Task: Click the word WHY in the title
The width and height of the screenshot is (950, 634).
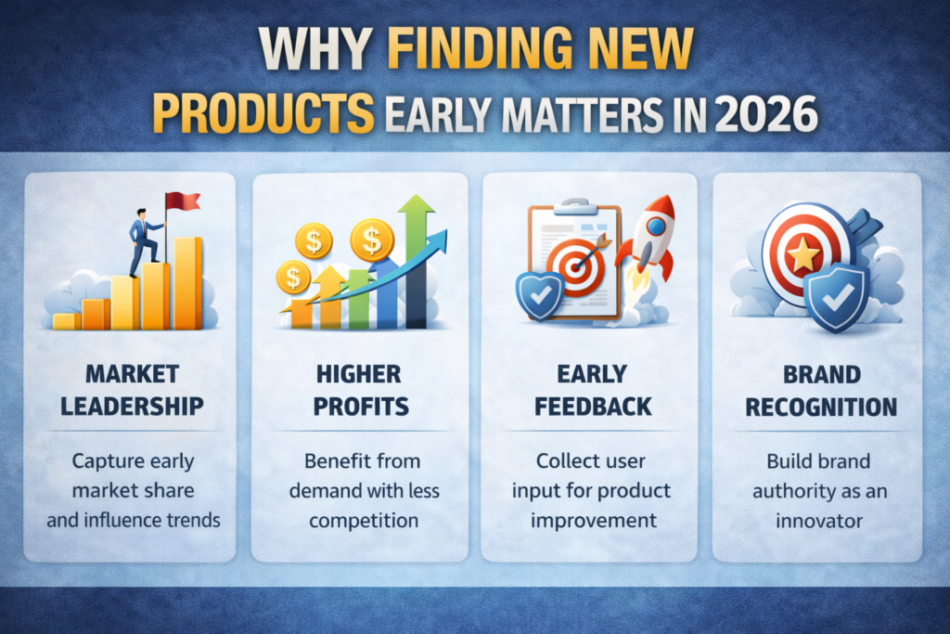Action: coord(315,48)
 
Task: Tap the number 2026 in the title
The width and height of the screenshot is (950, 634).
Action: coord(765,114)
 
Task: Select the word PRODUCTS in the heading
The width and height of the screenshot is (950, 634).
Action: coord(263,113)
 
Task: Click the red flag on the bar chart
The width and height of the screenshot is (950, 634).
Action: coord(183,201)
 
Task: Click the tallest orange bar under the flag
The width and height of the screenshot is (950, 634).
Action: coord(187,283)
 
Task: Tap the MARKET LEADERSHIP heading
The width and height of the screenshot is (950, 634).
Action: coord(132,390)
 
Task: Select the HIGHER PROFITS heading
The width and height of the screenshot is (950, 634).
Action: coord(361,390)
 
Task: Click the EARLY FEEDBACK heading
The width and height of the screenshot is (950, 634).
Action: coord(593,391)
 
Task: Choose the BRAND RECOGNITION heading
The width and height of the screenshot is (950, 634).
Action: coord(821,391)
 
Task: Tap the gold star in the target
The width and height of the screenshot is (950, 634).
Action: coord(803,254)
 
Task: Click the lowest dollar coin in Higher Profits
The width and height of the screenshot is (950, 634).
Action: coord(293,278)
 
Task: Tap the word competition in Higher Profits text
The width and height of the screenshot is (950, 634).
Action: coord(364,521)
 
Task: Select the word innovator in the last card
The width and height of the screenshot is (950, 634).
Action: coord(819,521)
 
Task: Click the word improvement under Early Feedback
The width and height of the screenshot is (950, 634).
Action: coord(594,521)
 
